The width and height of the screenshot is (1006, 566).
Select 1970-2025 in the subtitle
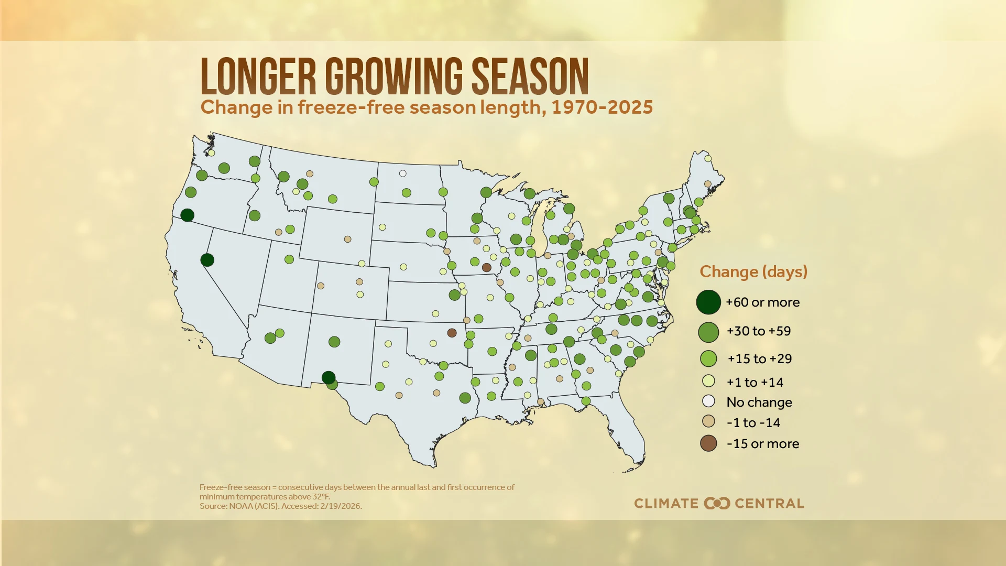[602, 107]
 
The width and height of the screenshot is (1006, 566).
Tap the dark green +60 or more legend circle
[708, 302]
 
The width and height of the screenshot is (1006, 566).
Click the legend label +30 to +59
[758, 331]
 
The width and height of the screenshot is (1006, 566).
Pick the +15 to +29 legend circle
[708, 359]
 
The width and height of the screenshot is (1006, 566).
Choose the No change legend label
[759, 402]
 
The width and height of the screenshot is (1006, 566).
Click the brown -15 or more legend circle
[708, 444]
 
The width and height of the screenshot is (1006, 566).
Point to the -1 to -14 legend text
[753, 423]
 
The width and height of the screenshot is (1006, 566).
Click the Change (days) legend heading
[753, 272]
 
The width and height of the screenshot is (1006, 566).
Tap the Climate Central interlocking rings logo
[717, 504]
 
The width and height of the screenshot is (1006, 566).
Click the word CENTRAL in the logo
[769, 504]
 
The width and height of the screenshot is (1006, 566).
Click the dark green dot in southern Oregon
[187, 215]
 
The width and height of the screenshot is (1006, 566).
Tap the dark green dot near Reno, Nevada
[207, 260]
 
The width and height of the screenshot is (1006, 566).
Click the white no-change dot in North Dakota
[402, 173]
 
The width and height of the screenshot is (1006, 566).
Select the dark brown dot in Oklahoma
[452, 333]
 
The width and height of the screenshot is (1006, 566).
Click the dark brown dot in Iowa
[486, 268]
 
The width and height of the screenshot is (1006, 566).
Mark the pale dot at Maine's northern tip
[708, 158]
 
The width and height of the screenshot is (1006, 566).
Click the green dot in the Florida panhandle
[586, 401]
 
